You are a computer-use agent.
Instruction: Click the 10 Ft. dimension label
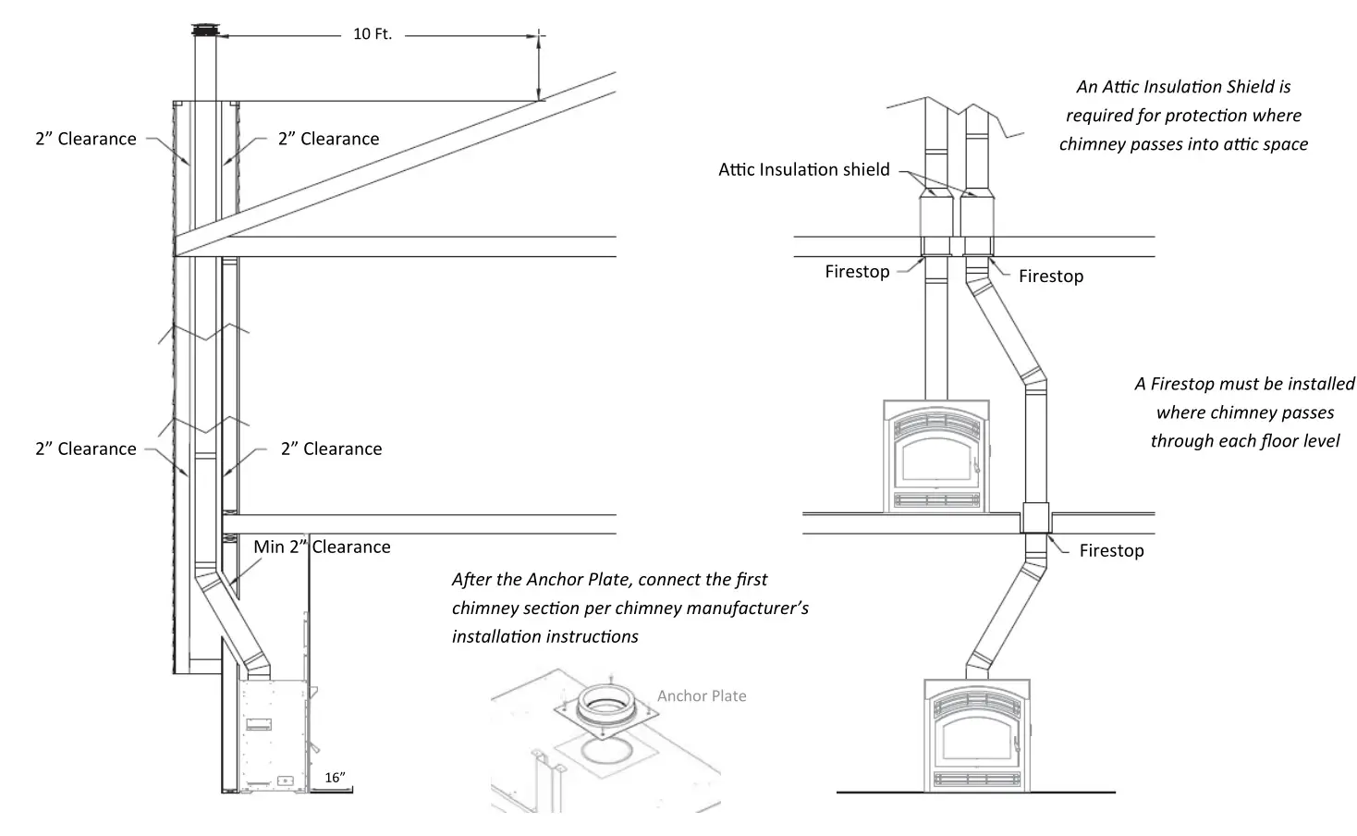point(373,34)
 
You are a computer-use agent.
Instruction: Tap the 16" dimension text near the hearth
point(334,778)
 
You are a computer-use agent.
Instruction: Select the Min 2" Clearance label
point(322,547)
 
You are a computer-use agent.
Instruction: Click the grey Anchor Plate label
point(702,696)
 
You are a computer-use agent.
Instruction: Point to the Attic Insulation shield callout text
point(803,169)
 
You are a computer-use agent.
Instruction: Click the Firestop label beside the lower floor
point(1111,550)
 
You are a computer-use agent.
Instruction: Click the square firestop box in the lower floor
point(1035,519)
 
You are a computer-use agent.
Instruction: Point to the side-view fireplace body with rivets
point(274,735)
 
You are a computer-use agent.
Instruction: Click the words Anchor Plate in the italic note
point(578,580)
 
